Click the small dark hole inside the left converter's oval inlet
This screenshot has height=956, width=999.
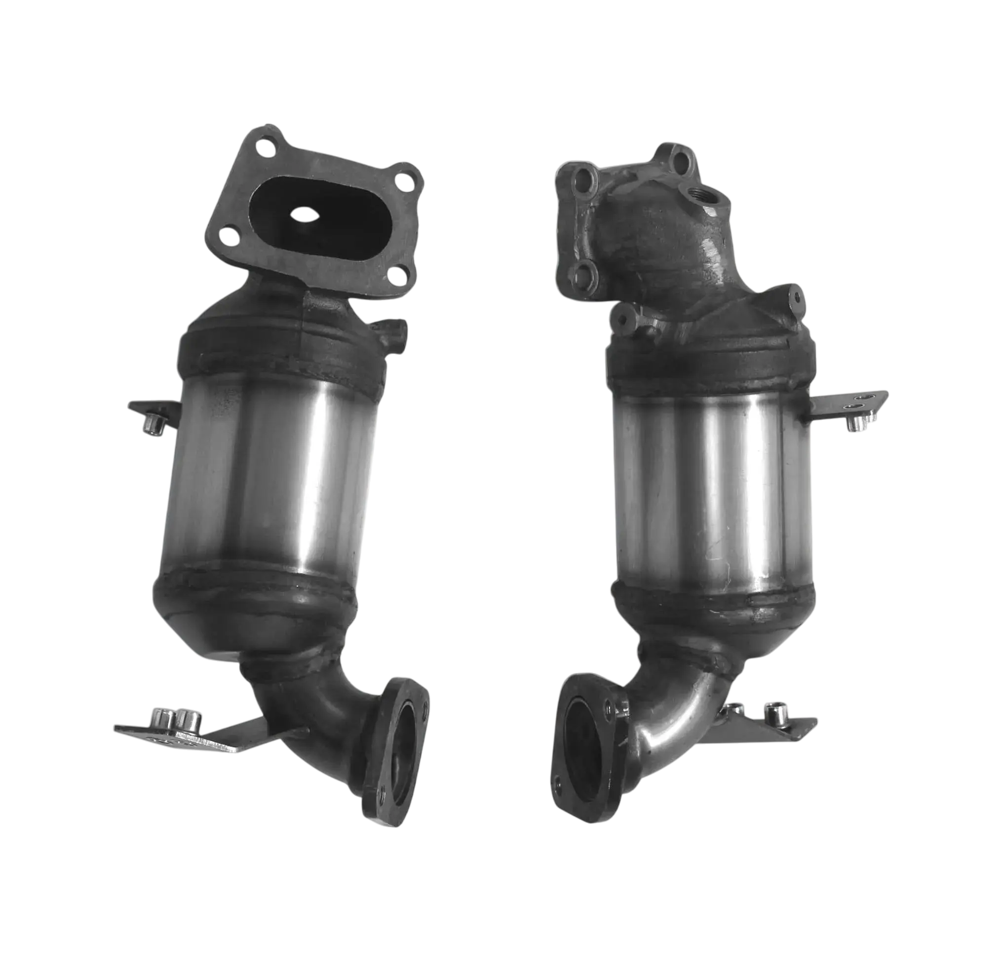click(x=304, y=214)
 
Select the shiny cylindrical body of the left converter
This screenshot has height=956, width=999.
click(x=270, y=479)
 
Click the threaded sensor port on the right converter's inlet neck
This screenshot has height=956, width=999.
click(x=700, y=194)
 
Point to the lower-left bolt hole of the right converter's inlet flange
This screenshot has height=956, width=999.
click(x=581, y=275)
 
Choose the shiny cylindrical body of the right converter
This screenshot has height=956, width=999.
click(x=708, y=489)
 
